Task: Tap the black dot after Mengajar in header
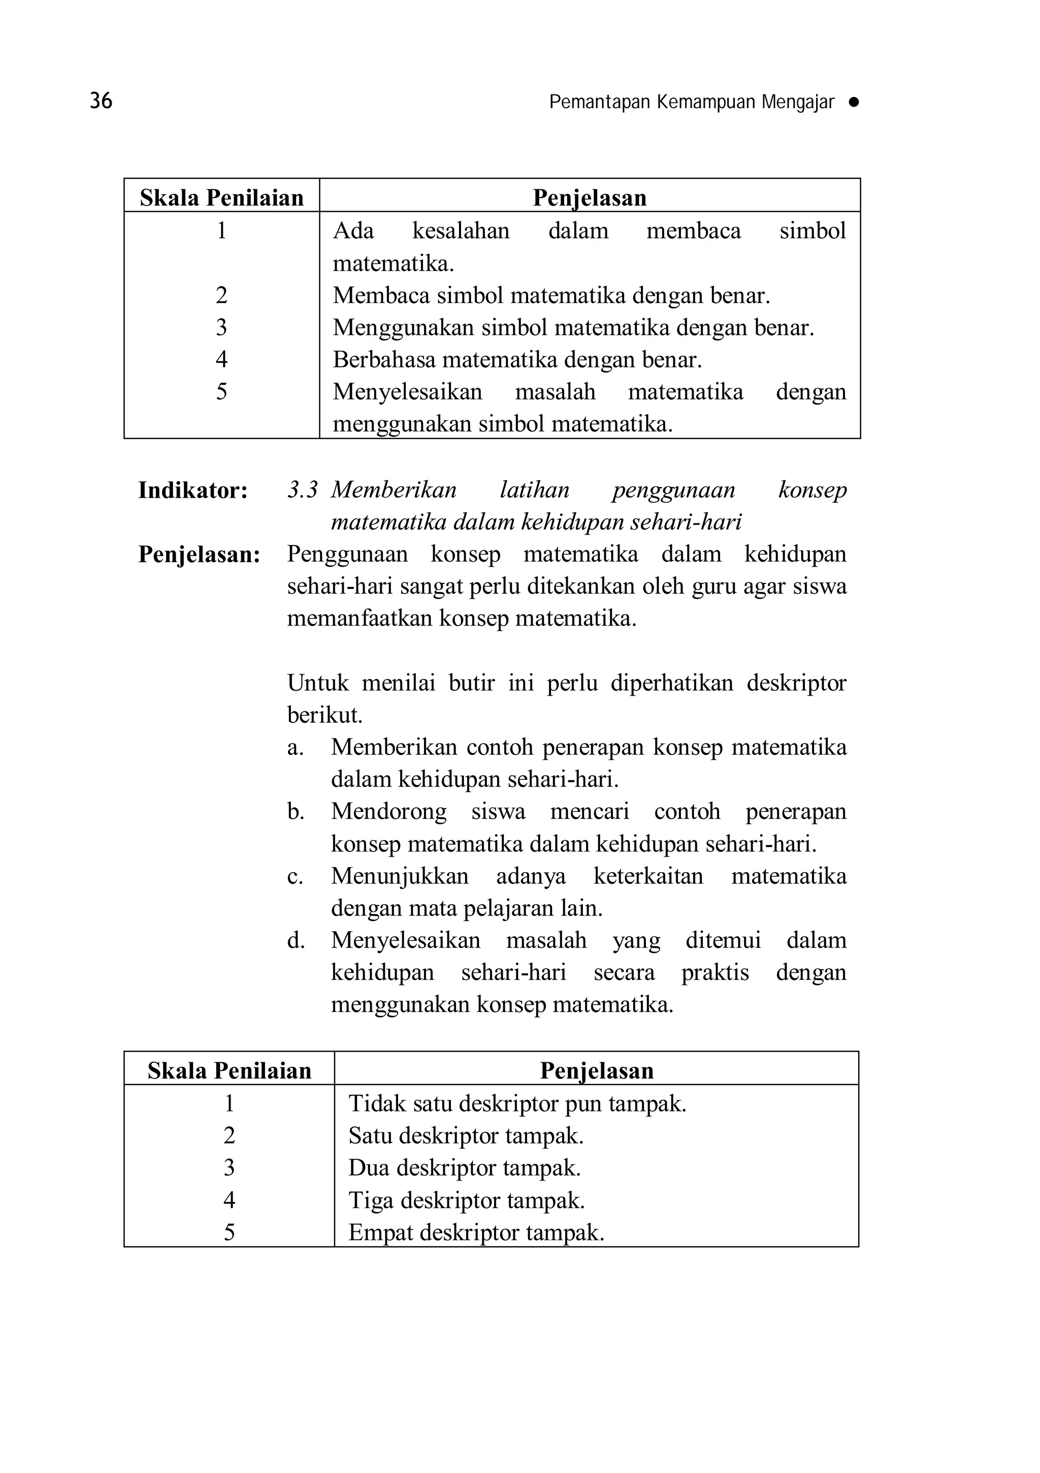[x=853, y=102]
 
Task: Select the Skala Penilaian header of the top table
[x=221, y=198]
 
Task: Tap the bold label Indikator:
[x=193, y=491]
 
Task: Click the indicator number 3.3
[x=302, y=490]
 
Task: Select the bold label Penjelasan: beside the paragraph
[x=200, y=555]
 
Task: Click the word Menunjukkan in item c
[x=399, y=876]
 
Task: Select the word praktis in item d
[x=714, y=972]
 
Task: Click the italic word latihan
[x=534, y=490]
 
